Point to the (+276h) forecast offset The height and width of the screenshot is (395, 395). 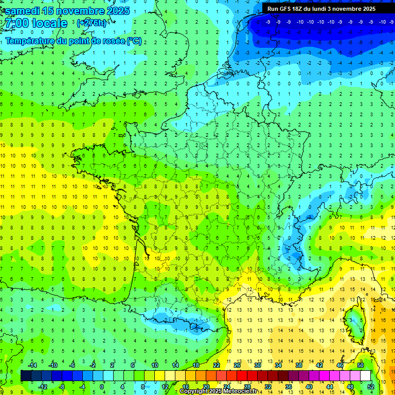pyautogui.click(x=91, y=23)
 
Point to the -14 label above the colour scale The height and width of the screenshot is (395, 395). pyautogui.click(x=32, y=365)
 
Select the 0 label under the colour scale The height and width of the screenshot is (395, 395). pyautogui.click(x=101, y=387)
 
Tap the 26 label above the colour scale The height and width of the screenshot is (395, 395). pyautogui.click(x=237, y=365)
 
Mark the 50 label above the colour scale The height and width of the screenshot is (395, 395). pyautogui.click(x=360, y=365)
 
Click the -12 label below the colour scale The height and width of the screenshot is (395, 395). pyautogui.click(x=43, y=387)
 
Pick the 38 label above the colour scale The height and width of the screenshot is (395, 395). pyautogui.click(x=299, y=365)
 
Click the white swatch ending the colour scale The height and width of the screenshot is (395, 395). pyautogui.click(x=365, y=376)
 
